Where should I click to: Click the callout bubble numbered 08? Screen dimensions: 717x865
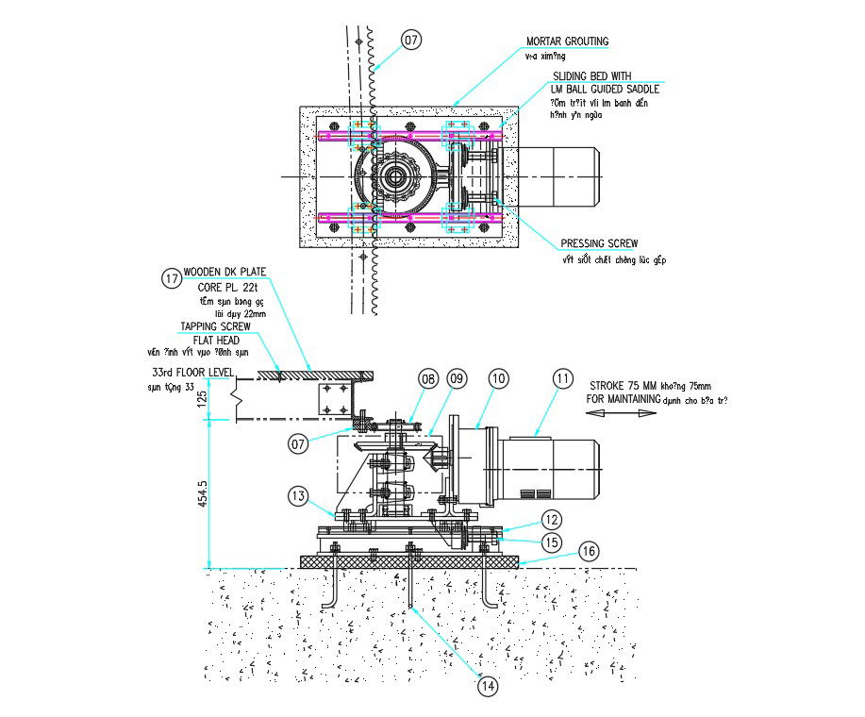429,379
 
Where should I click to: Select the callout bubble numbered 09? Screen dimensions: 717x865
457,379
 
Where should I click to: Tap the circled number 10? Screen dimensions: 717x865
499,379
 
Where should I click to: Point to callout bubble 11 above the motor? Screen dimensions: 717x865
563,379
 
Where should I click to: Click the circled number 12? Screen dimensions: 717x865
551,519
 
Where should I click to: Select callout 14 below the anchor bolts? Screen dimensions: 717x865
488,687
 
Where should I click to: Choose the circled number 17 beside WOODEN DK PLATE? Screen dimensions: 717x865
171,278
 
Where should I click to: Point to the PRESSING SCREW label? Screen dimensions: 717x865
600,243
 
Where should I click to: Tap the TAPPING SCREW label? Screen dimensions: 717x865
216,326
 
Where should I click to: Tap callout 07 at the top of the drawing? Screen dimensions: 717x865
411,40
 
